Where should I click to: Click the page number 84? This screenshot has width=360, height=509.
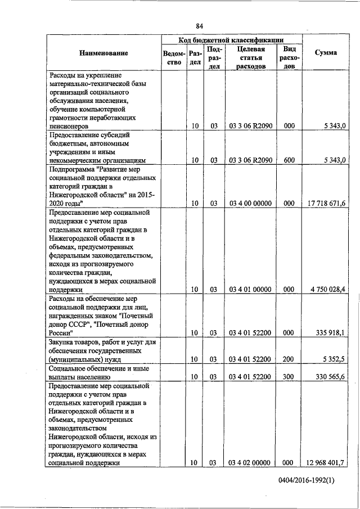[200, 26]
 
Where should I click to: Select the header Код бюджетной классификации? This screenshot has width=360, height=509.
[231, 40]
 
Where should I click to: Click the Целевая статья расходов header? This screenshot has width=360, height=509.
[250, 57]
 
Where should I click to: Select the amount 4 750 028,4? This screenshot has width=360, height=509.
[327, 289]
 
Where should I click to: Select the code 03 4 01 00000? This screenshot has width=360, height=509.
[250, 289]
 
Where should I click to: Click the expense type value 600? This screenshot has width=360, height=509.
[289, 160]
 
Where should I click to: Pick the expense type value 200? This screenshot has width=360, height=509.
[289, 358]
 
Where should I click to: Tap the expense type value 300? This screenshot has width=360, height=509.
[289, 376]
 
